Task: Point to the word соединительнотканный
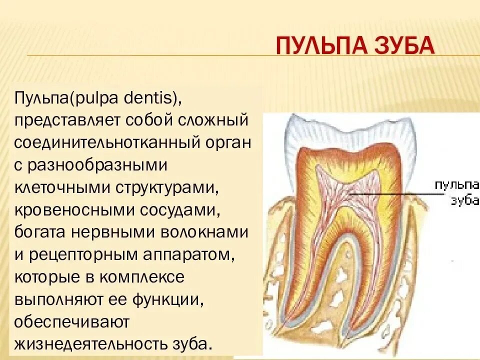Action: (108, 143)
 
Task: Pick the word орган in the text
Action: (227, 143)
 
